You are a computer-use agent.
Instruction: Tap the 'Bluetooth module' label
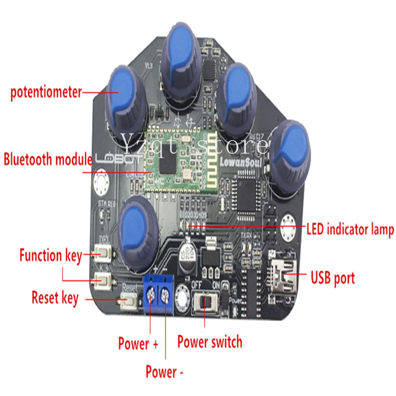pyautogui.click(x=48, y=160)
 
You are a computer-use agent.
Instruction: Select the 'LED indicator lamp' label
pyautogui.click(x=350, y=230)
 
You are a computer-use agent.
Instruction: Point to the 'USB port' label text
pyautogui.click(x=333, y=278)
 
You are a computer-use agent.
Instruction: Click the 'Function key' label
pyautogui.click(x=50, y=255)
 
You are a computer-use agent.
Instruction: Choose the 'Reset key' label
pyautogui.click(x=55, y=298)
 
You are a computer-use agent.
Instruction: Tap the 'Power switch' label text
pyautogui.click(x=209, y=342)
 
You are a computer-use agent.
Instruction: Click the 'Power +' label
pyautogui.click(x=138, y=343)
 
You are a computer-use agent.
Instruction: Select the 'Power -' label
pyautogui.click(x=164, y=372)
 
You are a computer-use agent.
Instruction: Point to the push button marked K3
pyautogui.click(x=104, y=280)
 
